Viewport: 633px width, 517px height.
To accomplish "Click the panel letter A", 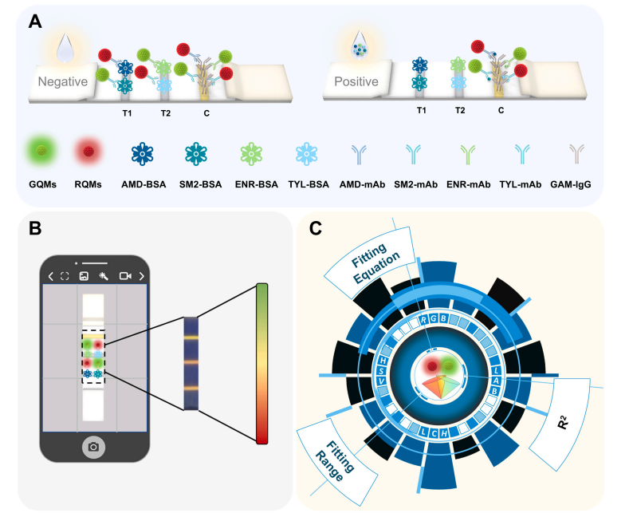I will [35, 22].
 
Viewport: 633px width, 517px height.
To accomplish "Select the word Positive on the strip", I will [356, 81].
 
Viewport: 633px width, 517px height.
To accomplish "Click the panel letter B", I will [35, 228].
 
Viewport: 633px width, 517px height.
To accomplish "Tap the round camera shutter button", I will [93, 447].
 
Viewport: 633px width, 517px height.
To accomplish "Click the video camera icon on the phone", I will [125, 276].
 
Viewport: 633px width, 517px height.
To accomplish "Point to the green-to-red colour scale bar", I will [262, 364].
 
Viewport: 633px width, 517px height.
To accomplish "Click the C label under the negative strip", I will [206, 112].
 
